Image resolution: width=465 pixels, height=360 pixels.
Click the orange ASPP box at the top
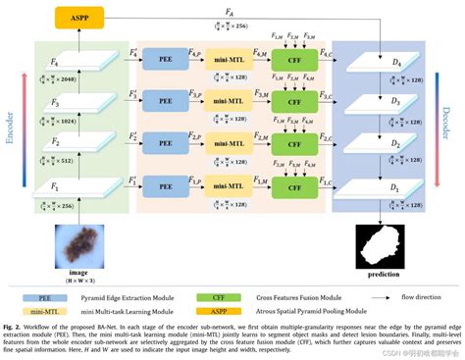coord(75,17)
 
